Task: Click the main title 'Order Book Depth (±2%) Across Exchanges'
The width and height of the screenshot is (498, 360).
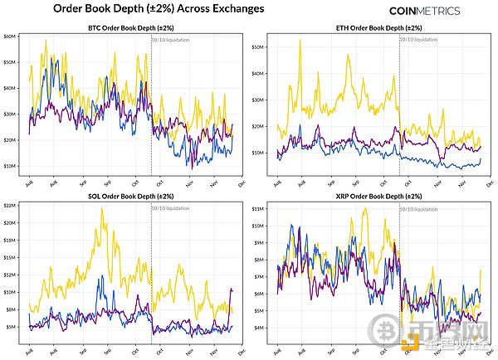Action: click(x=159, y=8)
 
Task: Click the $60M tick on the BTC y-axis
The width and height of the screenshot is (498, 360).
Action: click(x=11, y=37)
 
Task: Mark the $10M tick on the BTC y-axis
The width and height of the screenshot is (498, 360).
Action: click(x=11, y=166)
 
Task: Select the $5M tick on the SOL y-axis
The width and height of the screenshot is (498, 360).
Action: click(x=11, y=327)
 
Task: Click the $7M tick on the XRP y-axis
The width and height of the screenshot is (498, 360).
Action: click(x=260, y=276)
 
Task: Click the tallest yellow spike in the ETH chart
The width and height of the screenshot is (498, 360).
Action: click(x=300, y=40)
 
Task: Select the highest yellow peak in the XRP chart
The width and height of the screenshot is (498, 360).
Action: click(x=365, y=209)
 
